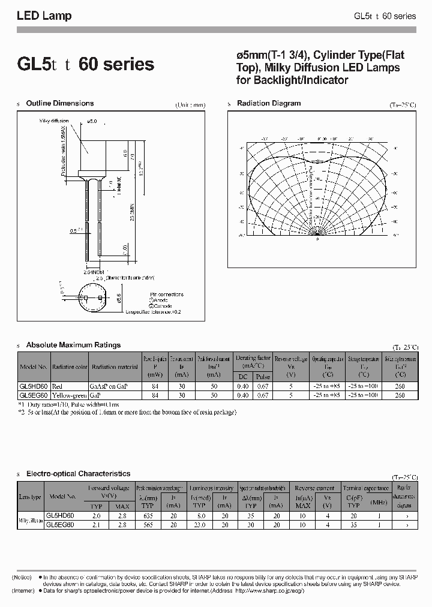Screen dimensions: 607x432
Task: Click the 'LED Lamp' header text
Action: tap(44, 16)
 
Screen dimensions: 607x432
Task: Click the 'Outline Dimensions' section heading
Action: tap(60, 103)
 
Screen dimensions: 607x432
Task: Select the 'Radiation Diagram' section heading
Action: tap(268, 103)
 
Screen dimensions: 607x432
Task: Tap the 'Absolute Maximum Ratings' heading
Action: tap(73, 345)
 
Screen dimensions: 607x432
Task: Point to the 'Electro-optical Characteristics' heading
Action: tap(78, 473)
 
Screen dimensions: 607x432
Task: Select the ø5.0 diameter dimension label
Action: tap(92, 121)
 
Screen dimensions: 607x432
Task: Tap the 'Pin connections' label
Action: tap(166, 295)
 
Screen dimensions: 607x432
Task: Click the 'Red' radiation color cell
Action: tap(58, 387)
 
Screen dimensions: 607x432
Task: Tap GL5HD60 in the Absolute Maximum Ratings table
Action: tap(34, 387)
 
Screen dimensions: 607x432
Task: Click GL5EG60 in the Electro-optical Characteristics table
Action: tap(60, 524)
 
